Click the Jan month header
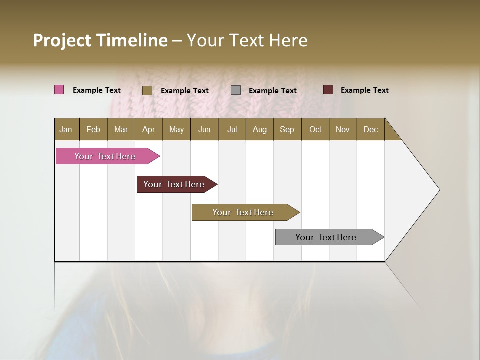[x=66, y=129]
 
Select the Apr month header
[x=148, y=129]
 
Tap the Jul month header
[x=232, y=129]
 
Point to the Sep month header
[x=287, y=129]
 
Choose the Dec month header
[x=370, y=129]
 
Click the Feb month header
[x=93, y=129]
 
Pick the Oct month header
[x=315, y=129]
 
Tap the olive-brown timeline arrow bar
[x=243, y=212]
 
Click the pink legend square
[x=59, y=90]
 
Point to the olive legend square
[x=147, y=90]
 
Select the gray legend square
[x=235, y=90]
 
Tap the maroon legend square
[x=328, y=90]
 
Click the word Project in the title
[x=62, y=40]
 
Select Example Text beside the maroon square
[x=364, y=90]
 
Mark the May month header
[x=176, y=129]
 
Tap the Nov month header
[x=342, y=129]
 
